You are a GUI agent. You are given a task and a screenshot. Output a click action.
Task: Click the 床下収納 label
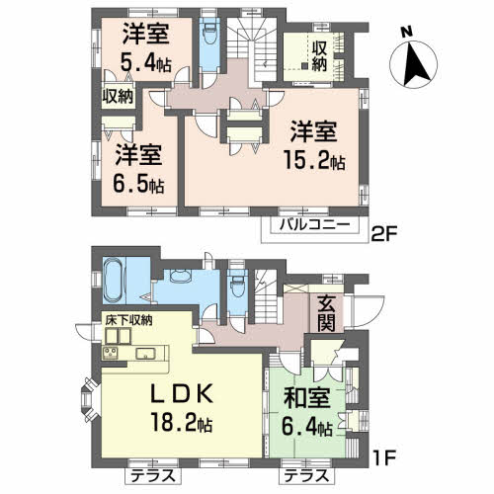pyautogui.click(x=128, y=321)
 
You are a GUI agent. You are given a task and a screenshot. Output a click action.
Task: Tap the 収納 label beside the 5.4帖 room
pyautogui.click(x=117, y=97)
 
